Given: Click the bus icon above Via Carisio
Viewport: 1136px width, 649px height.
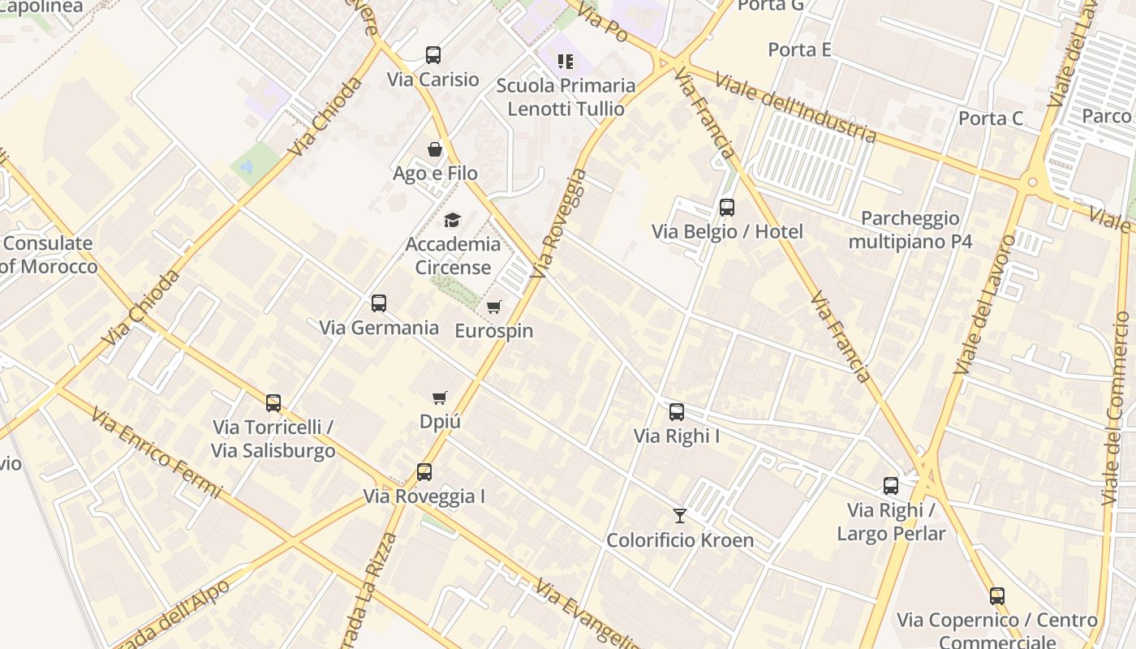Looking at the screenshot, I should [x=433, y=55].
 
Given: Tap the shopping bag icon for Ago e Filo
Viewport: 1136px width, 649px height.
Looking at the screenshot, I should [x=435, y=149].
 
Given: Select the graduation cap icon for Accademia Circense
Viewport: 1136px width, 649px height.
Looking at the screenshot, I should [x=452, y=220].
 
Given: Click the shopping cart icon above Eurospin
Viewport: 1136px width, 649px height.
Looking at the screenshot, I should [x=493, y=307].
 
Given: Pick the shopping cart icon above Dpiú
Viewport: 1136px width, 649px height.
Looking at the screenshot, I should [x=440, y=398].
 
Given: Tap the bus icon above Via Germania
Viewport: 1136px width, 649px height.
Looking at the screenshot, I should [x=379, y=303].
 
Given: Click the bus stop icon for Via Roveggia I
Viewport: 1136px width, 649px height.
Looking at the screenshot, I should [x=424, y=472].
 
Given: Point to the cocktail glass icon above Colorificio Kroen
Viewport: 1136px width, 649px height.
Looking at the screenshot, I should [x=680, y=516].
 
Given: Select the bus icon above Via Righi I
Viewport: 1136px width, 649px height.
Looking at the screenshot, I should [x=677, y=412].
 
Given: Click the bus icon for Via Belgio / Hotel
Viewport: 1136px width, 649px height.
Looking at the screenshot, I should [x=727, y=208].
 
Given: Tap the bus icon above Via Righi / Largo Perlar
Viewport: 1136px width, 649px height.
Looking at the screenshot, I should [x=891, y=486].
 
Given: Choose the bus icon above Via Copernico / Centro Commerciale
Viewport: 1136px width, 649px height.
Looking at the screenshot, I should [x=997, y=596].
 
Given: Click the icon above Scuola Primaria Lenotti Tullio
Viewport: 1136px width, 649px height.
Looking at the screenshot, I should [x=566, y=61].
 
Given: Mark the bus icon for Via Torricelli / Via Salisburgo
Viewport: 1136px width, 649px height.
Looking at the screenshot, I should [x=273, y=403].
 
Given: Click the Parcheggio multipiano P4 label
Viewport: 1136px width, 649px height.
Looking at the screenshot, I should [x=910, y=230].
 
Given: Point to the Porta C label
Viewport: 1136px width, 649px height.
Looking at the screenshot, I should [x=991, y=118].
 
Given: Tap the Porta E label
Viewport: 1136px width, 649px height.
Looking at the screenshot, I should [x=799, y=49].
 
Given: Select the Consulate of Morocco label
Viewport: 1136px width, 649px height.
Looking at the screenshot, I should [x=49, y=255].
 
